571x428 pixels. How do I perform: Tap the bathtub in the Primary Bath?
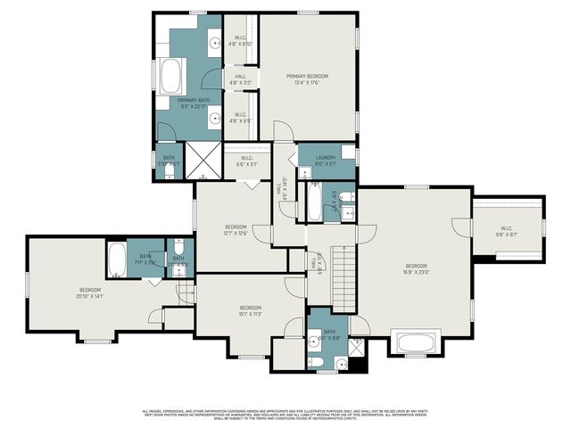[170, 77]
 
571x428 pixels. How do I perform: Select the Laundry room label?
[326, 160]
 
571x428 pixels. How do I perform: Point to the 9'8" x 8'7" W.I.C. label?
[508, 230]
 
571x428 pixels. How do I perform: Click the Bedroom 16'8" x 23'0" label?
[416, 270]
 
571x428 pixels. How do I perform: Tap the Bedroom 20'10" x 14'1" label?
[90, 294]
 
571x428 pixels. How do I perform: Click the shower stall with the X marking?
[203, 161]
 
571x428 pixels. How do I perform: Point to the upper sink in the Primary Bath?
[215, 42]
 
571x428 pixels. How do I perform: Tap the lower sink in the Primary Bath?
[215, 117]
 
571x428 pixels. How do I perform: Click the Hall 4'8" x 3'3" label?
[241, 80]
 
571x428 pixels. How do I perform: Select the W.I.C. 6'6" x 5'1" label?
[247, 161]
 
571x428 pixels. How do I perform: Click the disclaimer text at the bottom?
[285, 414]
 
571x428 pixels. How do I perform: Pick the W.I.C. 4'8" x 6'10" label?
[241, 40]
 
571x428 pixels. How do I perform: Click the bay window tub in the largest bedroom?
[416, 343]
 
